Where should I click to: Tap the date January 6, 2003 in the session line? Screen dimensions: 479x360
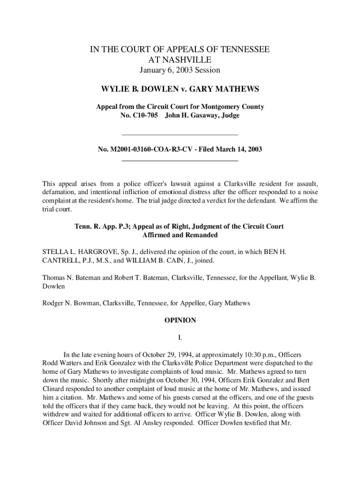pyautogui.click(x=164, y=70)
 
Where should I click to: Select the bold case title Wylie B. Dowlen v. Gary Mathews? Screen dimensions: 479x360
pyautogui.click(x=180, y=89)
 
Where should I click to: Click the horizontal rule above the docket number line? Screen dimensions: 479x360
pyautogui.click(x=180, y=135)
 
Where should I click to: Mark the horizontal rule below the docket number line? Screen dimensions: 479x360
pyautogui.click(x=180, y=161)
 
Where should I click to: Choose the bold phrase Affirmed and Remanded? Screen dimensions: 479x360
pyautogui.click(x=180, y=235)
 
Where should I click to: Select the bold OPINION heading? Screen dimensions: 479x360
pyautogui.click(x=180, y=320)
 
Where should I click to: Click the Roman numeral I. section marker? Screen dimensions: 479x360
pyautogui.click(x=180, y=337)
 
